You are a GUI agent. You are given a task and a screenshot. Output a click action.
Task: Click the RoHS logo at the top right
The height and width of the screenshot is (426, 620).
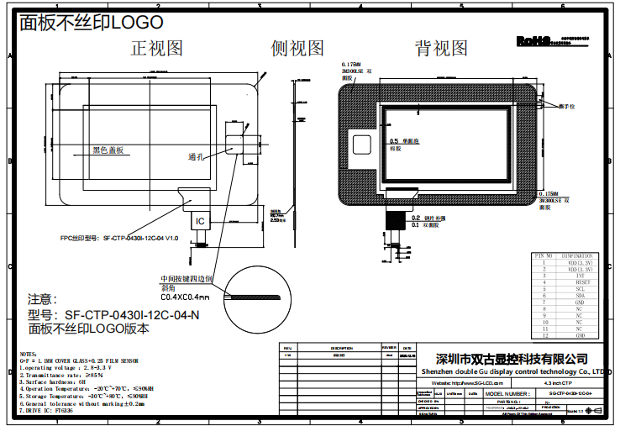(x=533, y=39)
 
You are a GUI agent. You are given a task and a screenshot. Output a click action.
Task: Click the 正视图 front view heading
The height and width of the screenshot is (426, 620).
(x=156, y=48)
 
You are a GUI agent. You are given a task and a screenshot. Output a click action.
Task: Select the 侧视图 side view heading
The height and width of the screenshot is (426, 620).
(x=297, y=48)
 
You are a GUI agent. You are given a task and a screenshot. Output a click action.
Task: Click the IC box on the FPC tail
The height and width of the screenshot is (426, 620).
(x=199, y=221)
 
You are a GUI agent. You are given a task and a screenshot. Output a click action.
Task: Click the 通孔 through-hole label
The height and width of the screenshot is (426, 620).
(x=197, y=157)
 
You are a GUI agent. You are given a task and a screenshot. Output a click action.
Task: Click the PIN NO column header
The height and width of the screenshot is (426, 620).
(x=544, y=255)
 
